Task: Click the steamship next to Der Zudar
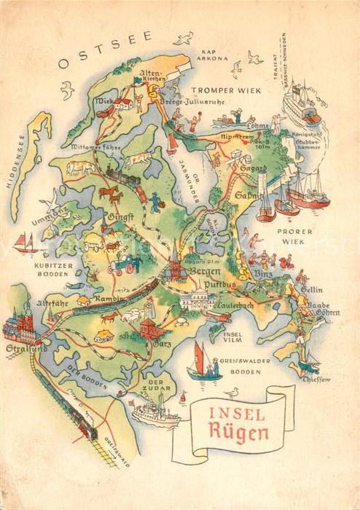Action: click(155, 415)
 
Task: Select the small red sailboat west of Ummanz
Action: click(26, 242)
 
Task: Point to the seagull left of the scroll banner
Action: click(232, 393)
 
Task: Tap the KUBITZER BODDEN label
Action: click(55, 270)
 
